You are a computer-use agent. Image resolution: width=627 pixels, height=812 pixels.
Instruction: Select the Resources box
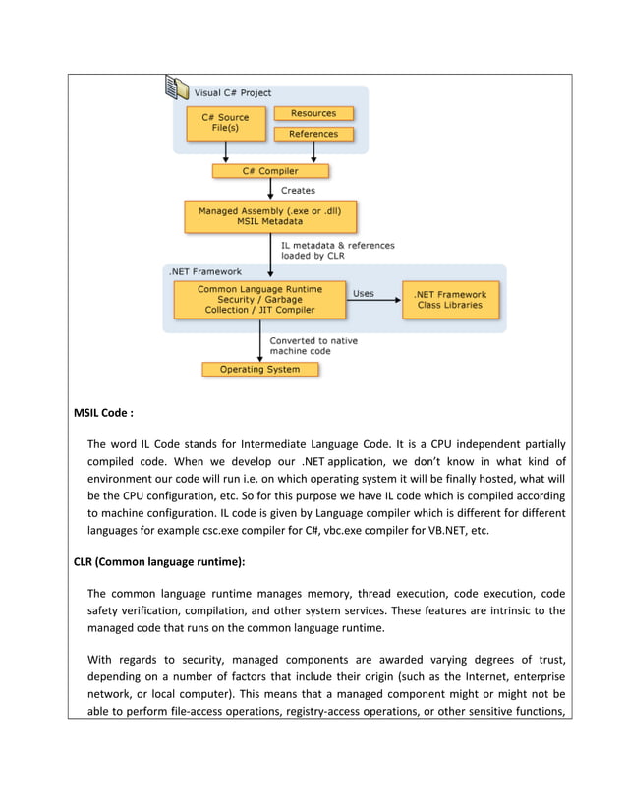pyautogui.click(x=313, y=114)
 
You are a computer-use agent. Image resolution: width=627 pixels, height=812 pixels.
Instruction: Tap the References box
pyautogui.click(x=313, y=134)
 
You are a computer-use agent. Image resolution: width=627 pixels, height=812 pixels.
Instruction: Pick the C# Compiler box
pyautogui.click(x=270, y=171)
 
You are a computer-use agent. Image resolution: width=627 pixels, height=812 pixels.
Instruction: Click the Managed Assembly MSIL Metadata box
pyautogui.click(x=270, y=216)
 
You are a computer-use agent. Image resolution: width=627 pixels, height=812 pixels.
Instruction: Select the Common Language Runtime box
pyautogui.click(x=259, y=300)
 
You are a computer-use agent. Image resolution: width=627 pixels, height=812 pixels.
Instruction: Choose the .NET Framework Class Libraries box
pyautogui.click(x=449, y=300)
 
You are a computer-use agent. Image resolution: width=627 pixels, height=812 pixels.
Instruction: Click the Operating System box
pyautogui.click(x=261, y=370)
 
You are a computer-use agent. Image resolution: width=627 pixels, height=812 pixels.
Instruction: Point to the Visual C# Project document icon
pyautogui.click(x=177, y=88)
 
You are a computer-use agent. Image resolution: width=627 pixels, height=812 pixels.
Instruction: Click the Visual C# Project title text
pyautogui.click(x=233, y=93)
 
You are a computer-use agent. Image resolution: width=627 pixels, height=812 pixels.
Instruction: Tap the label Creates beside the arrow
pyautogui.click(x=299, y=191)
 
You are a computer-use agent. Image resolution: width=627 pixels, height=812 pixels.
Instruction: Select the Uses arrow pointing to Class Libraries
pyautogui.click(x=374, y=301)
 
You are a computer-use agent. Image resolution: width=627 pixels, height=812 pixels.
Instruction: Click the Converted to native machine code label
pyautogui.click(x=313, y=347)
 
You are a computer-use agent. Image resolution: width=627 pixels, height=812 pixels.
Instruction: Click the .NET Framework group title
pyautogui.click(x=205, y=271)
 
